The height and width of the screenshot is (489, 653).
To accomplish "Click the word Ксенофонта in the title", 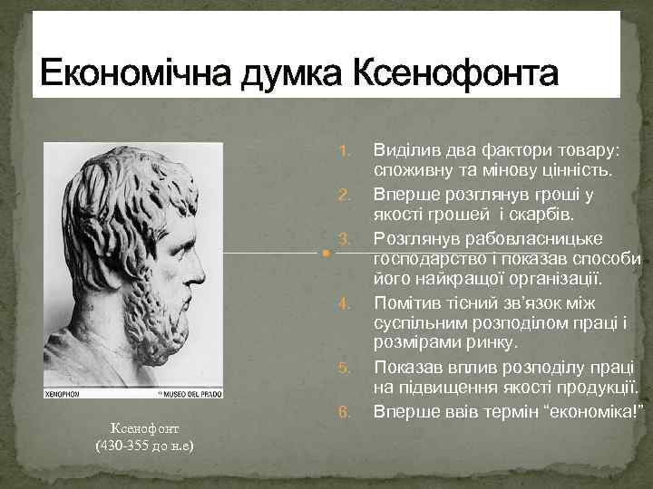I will pos(454,72).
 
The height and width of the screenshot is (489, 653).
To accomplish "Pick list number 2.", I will pos(343,194).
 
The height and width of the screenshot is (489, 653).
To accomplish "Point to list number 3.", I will pos(343,238).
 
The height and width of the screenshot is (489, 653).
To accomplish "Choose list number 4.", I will pos(343,300).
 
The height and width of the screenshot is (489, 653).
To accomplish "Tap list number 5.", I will pos(343,368).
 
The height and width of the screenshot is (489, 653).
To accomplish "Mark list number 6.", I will pos(343,412).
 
